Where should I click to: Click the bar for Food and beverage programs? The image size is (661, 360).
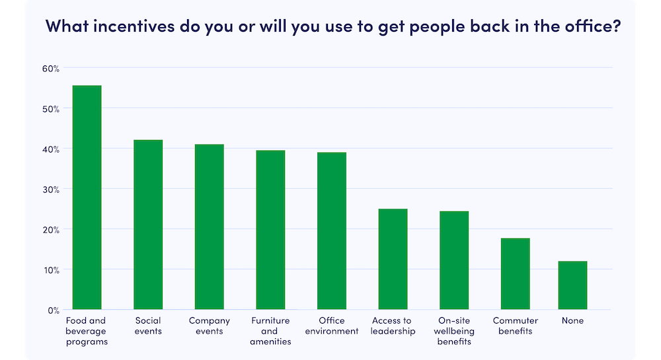[x=87, y=198]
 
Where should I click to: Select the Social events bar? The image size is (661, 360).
[x=148, y=225]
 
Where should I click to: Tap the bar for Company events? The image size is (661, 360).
[x=209, y=227]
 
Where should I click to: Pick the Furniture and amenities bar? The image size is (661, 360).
[x=270, y=230]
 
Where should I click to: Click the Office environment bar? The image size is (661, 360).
[x=331, y=231]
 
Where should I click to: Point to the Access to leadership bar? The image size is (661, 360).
[x=393, y=260]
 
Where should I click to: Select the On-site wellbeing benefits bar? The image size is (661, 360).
[x=454, y=261]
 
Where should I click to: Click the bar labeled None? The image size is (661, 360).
[x=572, y=285]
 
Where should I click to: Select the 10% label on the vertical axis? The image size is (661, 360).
[x=52, y=270]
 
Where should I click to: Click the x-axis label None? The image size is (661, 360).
[x=572, y=321]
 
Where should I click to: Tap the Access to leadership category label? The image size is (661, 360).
[x=393, y=326]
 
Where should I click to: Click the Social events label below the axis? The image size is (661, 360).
[x=148, y=326]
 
